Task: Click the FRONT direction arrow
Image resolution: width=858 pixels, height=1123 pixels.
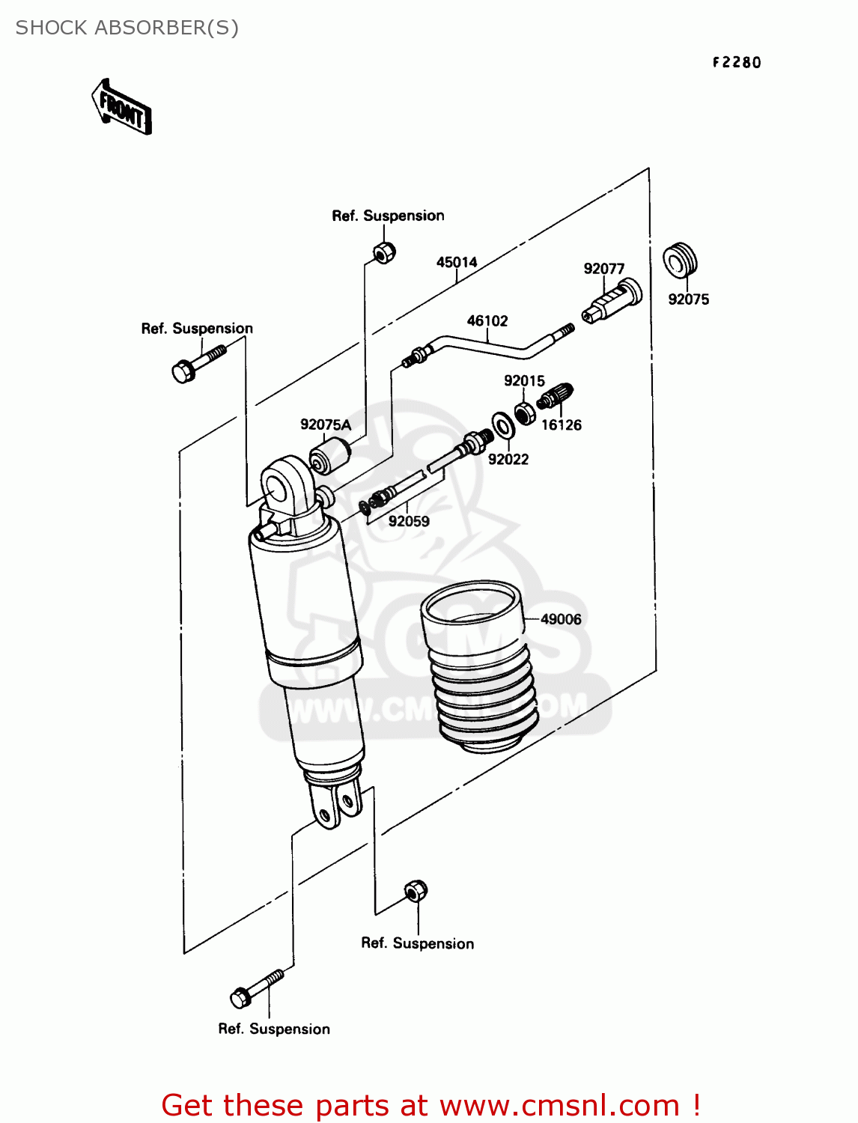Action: [x=122, y=108]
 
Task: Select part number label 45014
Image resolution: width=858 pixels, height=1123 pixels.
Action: [x=457, y=262]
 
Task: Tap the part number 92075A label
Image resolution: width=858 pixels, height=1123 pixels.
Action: [x=326, y=424]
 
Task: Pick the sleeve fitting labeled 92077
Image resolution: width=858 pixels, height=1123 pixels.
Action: [x=612, y=301]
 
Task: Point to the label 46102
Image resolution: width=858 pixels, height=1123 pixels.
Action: [x=487, y=320]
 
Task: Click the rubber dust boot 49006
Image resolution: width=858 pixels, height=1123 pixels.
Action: [x=479, y=666]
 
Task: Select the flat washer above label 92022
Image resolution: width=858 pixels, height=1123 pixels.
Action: [x=503, y=425]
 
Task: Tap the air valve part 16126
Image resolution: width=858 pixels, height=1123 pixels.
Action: [x=556, y=396]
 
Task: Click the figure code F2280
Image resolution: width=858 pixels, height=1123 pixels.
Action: [x=736, y=62]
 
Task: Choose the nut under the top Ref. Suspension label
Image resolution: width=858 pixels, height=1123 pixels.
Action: [x=384, y=252]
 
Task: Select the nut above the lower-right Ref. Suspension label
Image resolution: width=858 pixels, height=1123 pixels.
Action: [x=416, y=891]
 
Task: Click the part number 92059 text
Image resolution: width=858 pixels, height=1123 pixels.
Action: [x=409, y=521]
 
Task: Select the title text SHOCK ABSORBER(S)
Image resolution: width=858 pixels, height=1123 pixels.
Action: [x=127, y=28]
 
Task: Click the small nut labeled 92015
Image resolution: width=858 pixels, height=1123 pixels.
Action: [x=526, y=412]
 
